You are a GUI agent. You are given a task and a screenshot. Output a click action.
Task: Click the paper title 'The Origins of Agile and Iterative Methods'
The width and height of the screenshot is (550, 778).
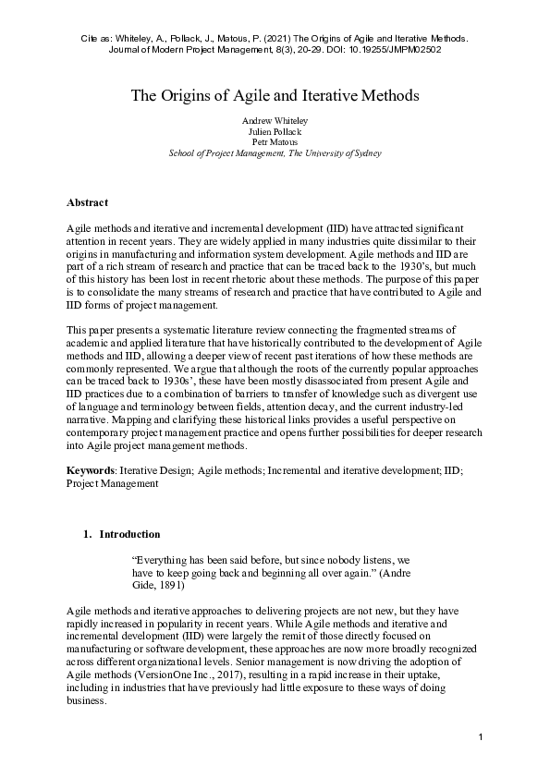point(275,95)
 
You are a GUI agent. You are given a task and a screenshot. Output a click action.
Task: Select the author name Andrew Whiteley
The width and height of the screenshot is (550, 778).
point(275,121)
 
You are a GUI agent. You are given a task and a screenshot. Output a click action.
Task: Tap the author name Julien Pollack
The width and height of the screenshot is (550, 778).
point(275,131)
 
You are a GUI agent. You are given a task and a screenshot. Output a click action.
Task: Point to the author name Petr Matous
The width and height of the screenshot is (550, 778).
point(275,142)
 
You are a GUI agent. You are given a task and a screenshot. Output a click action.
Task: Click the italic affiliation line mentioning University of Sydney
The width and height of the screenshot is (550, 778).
point(275,153)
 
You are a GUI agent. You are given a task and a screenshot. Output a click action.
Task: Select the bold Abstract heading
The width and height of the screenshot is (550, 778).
point(87,202)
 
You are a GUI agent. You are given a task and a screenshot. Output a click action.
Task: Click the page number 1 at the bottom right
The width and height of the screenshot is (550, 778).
point(482,735)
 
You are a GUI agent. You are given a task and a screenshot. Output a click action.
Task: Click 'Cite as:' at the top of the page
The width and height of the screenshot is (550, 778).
point(90,39)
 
